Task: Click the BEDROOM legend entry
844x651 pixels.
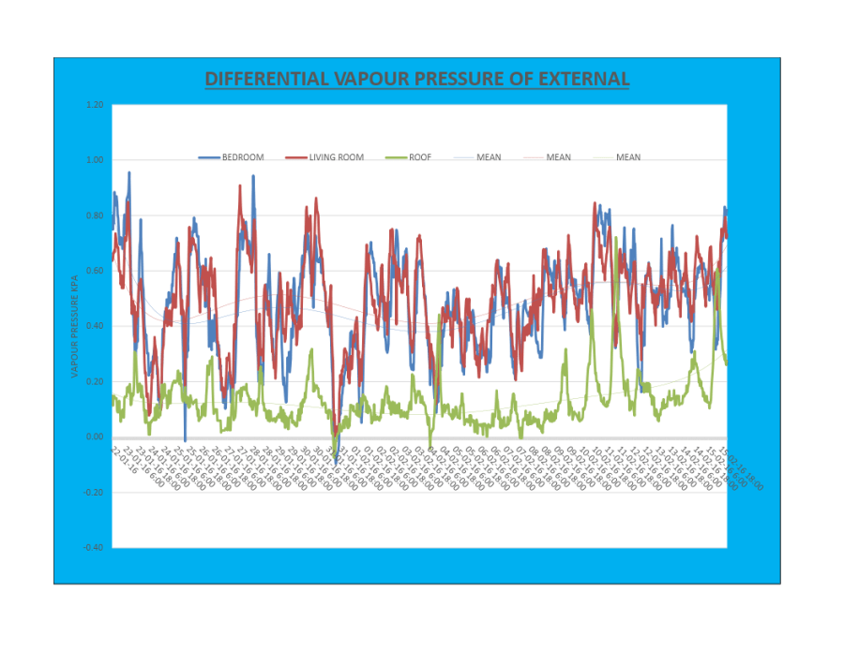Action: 243,157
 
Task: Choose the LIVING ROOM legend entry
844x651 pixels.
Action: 337,157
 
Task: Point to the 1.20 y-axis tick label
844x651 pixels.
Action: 94,105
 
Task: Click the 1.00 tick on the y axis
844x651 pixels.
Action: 94,160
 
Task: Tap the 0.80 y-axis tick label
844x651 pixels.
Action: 94,215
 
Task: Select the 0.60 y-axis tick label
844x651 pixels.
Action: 94,271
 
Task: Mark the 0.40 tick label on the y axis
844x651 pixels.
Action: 94,326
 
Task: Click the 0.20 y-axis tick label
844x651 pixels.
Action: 94,381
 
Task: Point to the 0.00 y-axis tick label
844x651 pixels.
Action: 94,436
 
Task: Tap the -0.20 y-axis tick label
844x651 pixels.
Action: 92,492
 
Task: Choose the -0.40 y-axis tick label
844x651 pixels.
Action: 92,547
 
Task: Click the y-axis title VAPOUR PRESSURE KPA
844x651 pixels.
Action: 75,326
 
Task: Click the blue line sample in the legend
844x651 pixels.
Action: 208,157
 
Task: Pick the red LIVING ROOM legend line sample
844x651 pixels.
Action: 295,157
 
